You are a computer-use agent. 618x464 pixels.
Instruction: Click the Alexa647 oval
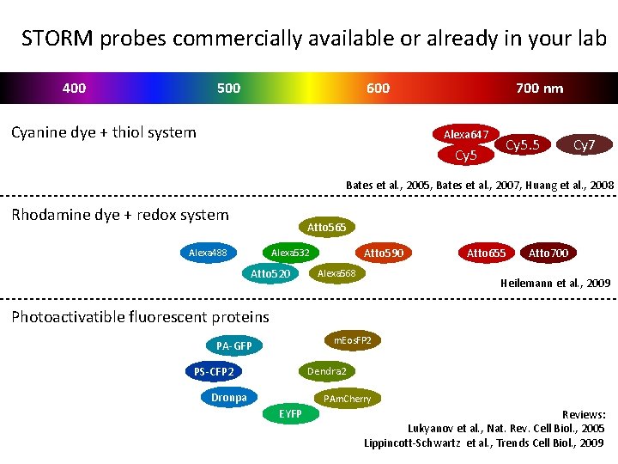466,135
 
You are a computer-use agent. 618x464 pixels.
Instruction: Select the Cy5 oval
465,156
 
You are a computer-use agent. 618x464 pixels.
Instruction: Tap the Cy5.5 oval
522,145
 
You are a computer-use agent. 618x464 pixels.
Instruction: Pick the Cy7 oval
584,145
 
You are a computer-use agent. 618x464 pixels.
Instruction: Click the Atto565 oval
327,227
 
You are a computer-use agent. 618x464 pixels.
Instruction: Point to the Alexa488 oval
208,253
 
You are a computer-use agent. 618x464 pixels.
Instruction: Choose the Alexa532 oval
290,253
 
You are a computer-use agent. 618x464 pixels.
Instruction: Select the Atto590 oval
383,253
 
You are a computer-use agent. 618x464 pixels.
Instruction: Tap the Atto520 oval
270,273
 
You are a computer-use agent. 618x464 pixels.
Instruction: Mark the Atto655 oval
487,253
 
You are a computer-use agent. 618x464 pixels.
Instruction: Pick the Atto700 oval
548,253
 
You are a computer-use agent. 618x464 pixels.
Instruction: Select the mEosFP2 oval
353,340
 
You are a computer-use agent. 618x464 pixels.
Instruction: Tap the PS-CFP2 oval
214,372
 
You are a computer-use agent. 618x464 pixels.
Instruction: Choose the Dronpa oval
229,397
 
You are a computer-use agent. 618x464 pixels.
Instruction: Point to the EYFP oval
290,414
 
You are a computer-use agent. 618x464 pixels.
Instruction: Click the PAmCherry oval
347,399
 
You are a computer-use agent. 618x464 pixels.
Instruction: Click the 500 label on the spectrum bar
229,88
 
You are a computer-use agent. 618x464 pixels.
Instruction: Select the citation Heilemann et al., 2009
555,283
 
